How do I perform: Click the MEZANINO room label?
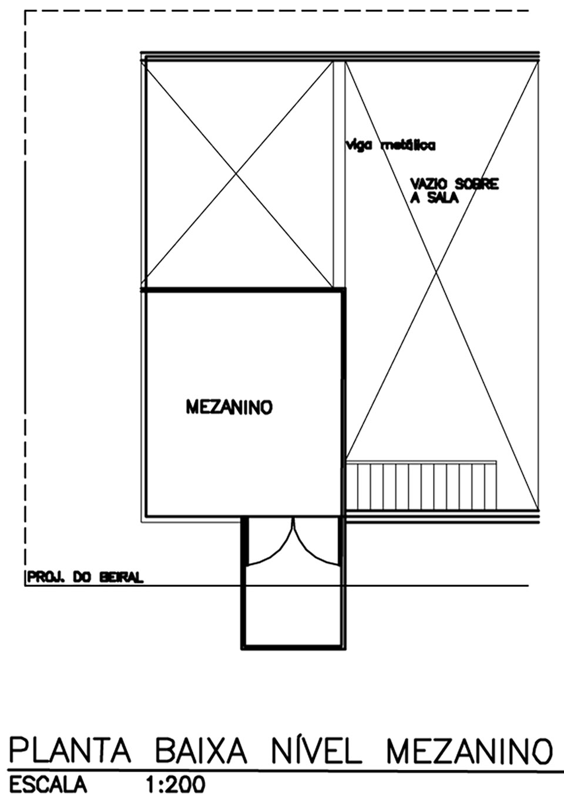(x=229, y=407)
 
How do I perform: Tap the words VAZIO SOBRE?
(x=454, y=184)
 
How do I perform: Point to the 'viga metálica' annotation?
(x=390, y=146)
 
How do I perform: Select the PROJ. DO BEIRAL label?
(x=85, y=578)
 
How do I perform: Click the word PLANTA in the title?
(x=69, y=750)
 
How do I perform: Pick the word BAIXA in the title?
(x=200, y=750)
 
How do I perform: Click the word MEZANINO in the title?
(x=469, y=750)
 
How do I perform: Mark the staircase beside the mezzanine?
(x=421, y=485)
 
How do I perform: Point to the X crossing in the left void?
(x=237, y=174)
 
